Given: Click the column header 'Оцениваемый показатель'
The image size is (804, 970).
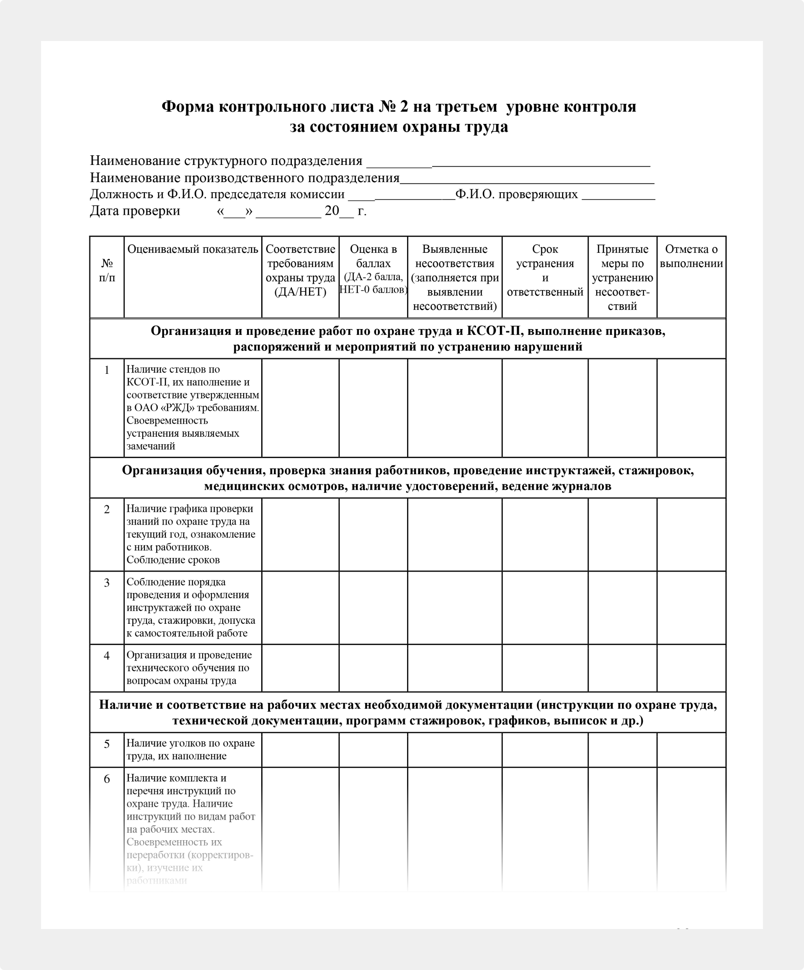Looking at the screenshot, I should click(192, 250).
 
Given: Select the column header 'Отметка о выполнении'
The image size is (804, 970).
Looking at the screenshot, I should click(691, 256).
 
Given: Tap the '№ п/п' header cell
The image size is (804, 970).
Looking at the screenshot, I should click(107, 270).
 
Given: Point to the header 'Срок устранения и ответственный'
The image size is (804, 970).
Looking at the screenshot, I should click(545, 270).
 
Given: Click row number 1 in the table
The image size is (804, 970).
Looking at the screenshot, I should click(107, 370).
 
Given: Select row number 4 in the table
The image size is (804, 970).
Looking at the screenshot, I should click(107, 656).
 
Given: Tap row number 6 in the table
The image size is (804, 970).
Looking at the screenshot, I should click(107, 779).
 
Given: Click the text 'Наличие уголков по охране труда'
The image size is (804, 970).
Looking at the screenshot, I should click(191, 743).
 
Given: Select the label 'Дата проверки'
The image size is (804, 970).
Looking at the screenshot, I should click(134, 211).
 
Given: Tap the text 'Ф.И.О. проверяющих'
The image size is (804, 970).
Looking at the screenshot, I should click(516, 195).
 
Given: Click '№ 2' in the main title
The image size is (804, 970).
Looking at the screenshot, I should click(394, 107).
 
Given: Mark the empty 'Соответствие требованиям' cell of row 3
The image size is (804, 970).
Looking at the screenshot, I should click(300, 607).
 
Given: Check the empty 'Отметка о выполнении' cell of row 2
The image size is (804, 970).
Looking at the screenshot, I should click(691, 535).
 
